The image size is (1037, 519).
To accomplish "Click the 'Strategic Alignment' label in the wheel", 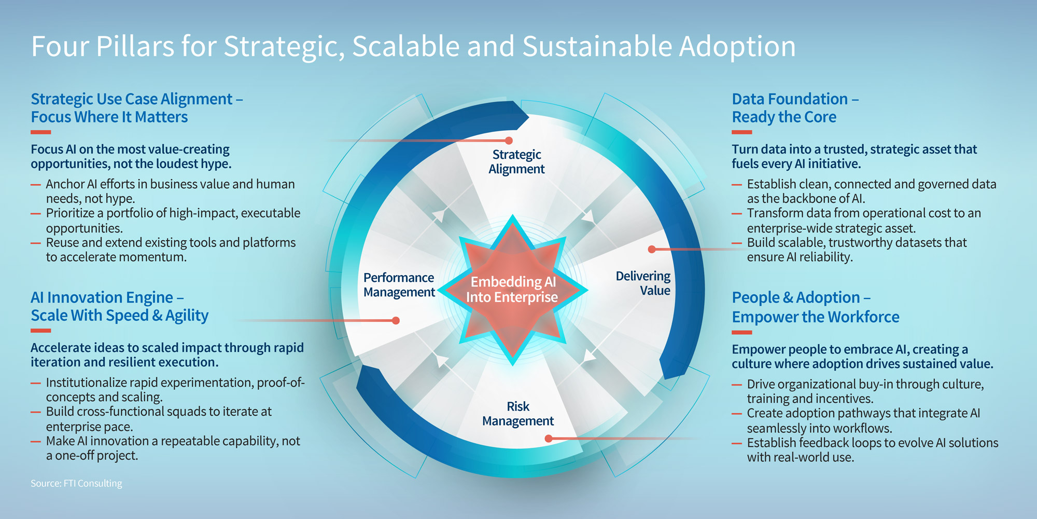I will click(x=516, y=161).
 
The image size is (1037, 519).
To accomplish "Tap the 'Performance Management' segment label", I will click(x=399, y=285).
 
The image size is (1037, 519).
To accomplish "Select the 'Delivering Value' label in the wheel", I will click(x=643, y=283).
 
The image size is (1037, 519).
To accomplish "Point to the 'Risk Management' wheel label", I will click(x=518, y=414).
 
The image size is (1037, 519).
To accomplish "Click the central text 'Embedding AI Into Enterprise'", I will click(x=512, y=289).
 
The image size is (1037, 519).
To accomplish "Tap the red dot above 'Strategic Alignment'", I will click(x=509, y=141).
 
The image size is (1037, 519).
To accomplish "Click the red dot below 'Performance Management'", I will click(x=396, y=321).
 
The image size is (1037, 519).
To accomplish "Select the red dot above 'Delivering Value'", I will click(x=652, y=249).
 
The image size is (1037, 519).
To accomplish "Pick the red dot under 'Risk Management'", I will click(x=549, y=439).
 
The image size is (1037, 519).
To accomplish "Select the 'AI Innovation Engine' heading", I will click(x=119, y=306).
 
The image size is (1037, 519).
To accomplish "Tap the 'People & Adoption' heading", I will click(x=815, y=307).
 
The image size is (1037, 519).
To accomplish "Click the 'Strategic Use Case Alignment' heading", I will click(x=136, y=108).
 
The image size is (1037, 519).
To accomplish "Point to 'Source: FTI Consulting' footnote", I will click(x=76, y=483).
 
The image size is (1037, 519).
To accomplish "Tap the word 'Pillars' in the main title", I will click(x=135, y=46).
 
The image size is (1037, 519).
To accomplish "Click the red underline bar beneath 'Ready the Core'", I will click(x=742, y=132).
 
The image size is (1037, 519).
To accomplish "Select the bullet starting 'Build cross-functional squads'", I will click(x=159, y=419).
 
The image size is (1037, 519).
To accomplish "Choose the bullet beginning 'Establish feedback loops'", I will click(x=872, y=450).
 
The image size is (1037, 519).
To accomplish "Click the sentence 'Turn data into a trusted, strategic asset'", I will click(x=854, y=156).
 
